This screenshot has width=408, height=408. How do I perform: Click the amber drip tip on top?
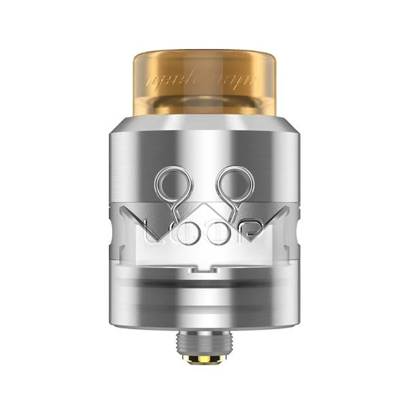tap(203, 82)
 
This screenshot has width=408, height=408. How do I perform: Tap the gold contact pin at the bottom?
tap(203, 358)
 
